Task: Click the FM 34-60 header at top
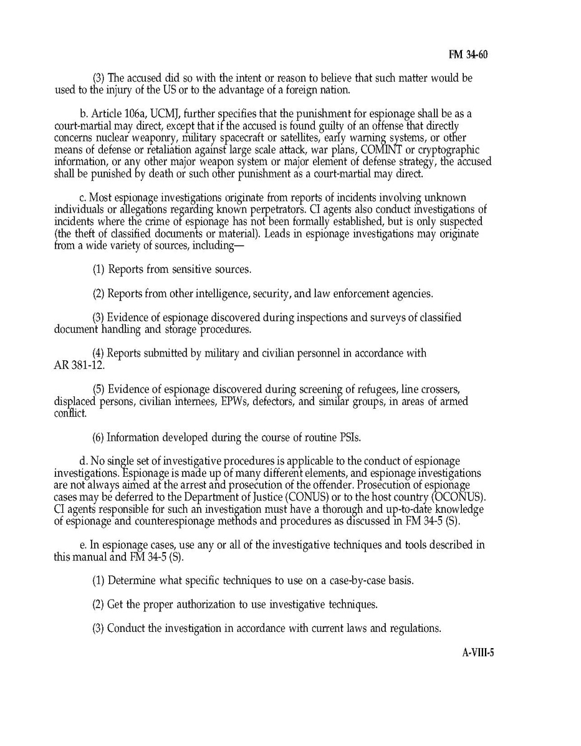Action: [468, 55]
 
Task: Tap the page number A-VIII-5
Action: [478, 653]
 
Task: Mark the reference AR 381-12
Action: [79, 365]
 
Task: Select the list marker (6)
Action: [99, 438]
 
